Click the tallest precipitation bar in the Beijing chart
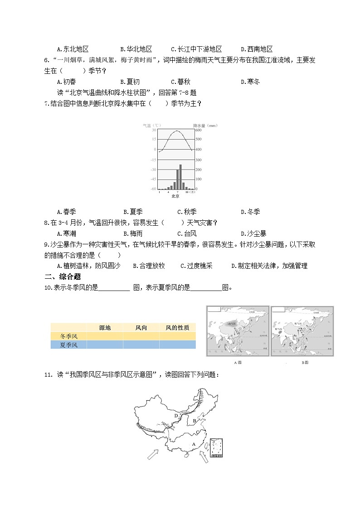[180, 177]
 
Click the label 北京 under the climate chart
[175, 196]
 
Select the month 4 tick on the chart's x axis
[168, 192]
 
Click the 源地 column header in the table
[104, 328]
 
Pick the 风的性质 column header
[177, 328]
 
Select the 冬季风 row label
[69, 336]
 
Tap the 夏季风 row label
[69, 345]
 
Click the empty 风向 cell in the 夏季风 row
[141, 345]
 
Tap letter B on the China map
[195, 421]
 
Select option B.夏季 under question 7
[133, 212]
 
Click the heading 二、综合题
[62, 276]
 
